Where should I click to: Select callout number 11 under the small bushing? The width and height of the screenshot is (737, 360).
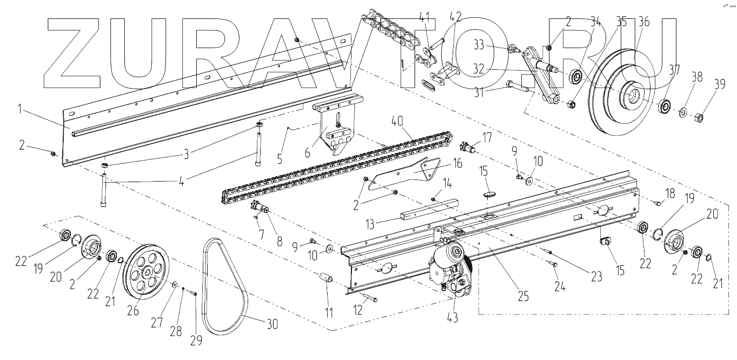pyautogui.click(x=329, y=312)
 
